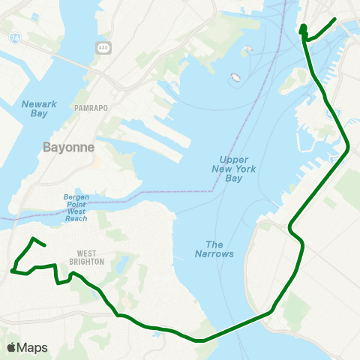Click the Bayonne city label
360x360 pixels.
tap(69, 147)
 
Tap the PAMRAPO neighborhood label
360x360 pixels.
tap(91, 108)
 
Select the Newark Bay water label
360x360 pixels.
tap(34, 107)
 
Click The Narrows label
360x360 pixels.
tap(220, 249)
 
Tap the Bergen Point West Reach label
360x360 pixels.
tap(76, 207)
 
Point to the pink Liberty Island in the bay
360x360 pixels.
tap(235, 76)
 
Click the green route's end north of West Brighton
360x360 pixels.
tap(46, 244)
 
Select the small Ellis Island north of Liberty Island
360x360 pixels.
tap(247, 50)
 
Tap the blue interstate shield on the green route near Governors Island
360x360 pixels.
tap(328, 111)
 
